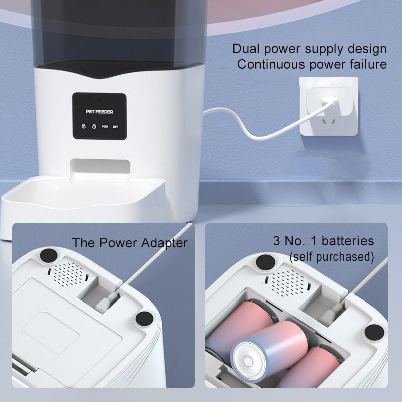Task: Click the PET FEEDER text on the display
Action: (x=99, y=112)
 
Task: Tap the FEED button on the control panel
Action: (x=105, y=127)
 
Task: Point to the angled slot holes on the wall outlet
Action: (x=329, y=121)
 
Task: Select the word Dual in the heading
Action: (x=246, y=49)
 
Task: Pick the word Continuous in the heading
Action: (x=271, y=64)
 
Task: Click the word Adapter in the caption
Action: (x=164, y=243)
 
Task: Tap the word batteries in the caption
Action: (x=348, y=241)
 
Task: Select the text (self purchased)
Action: (x=332, y=257)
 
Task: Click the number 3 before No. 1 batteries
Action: (x=277, y=241)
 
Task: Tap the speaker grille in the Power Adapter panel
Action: (x=68, y=273)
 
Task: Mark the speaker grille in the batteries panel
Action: (x=287, y=283)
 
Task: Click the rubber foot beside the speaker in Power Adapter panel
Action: (x=49, y=256)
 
